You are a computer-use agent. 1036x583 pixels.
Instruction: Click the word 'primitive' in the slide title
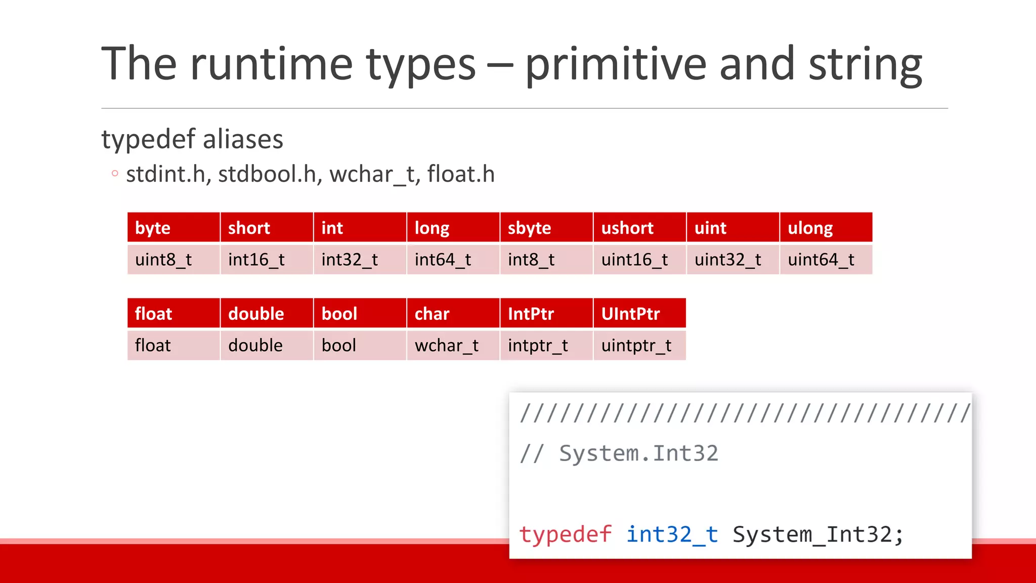click(x=615, y=65)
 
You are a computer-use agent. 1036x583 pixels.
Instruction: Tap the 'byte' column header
click(x=173, y=228)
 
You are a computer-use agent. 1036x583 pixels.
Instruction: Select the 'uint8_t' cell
click(x=173, y=260)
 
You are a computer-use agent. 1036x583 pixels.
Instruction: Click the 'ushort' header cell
click(x=639, y=228)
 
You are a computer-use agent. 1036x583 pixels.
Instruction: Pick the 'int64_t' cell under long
click(x=453, y=260)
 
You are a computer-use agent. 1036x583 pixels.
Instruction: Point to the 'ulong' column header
click(x=826, y=228)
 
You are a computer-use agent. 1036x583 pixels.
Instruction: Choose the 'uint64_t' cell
click(x=826, y=260)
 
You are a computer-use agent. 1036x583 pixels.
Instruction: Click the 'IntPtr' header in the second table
click(x=546, y=314)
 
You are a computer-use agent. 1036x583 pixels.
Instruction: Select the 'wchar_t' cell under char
click(x=453, y=346)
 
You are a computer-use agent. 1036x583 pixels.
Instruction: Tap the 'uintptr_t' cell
click(x=639, y=346)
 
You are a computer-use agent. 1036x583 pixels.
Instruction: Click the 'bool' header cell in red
click(x=360, y=314)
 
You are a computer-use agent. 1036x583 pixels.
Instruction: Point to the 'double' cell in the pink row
click(x=266, y=346)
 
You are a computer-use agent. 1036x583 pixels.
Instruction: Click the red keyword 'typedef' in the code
click(x=566, y=534)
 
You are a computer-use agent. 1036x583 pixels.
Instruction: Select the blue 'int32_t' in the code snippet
click(x=672, y=534)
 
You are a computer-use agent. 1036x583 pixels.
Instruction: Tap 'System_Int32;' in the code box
click(x=817, y=534)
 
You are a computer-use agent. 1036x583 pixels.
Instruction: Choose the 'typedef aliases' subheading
click(x=192, y=139)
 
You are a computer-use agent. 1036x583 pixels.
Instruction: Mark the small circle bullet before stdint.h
click(x=115, y=174)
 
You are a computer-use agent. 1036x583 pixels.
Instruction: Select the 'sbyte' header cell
click(x=546, y=228)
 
